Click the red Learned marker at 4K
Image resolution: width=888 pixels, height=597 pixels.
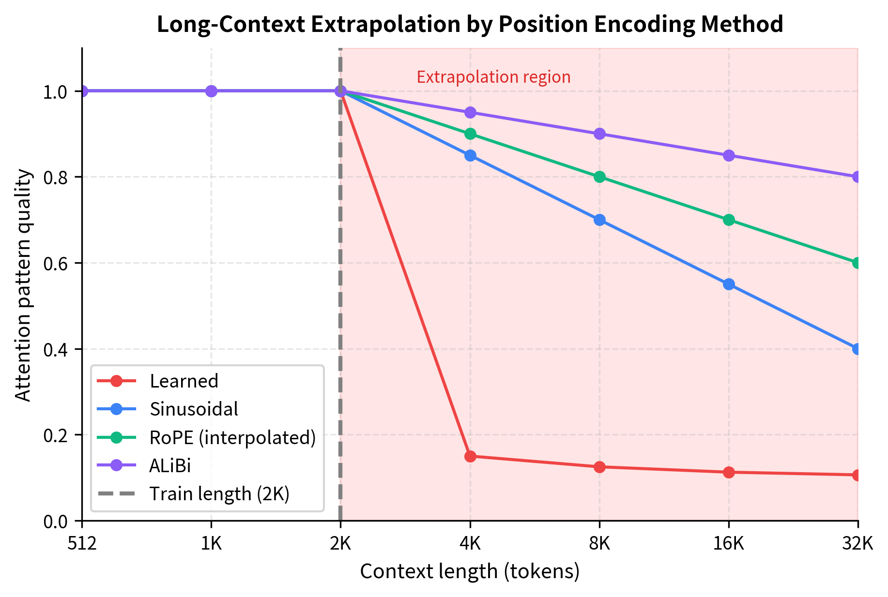(470, 456)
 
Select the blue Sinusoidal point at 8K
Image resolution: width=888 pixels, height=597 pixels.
(599, 220)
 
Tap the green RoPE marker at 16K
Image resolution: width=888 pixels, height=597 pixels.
(729, 220)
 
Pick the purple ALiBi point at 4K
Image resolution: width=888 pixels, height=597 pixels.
(470, 113)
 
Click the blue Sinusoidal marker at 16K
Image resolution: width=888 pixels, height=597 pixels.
(729, 284)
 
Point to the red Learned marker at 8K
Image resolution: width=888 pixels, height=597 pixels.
(599, 467)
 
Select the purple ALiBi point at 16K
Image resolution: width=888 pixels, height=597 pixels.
(729, 156)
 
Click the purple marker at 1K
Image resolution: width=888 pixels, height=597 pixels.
(212, 91)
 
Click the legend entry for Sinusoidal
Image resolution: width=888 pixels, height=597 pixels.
(194, 409)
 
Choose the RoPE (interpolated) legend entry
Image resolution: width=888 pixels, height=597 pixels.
(232, 437)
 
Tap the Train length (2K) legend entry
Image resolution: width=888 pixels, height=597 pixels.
(219, 494)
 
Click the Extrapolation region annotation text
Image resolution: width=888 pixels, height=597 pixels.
(493, 77)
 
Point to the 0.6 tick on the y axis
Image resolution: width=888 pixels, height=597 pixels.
(56, 263)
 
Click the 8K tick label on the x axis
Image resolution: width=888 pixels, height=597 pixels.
(599, 544)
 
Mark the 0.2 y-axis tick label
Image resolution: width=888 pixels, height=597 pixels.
(56, 435)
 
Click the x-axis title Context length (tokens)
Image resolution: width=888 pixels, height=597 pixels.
(470, 571)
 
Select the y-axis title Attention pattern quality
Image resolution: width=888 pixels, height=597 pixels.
(23, 285)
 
